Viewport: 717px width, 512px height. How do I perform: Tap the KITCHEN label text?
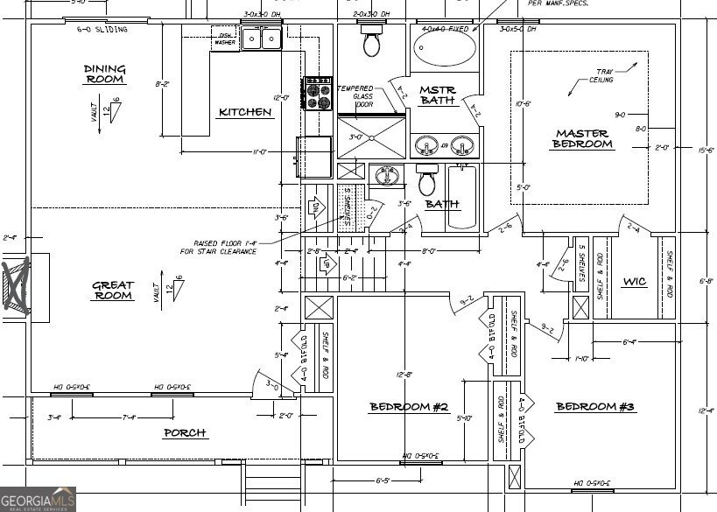tap(245, 112)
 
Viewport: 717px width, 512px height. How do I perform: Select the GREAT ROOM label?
tap(113, 291)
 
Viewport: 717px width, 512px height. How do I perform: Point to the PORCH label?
tap(185, 432)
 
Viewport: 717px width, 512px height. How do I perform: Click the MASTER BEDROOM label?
tap(582, 139)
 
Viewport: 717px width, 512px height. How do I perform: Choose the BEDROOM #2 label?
tap(409, 407)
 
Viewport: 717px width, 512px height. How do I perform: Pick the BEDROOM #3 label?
tap(595, 407)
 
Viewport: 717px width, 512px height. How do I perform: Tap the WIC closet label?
tap(634, 282)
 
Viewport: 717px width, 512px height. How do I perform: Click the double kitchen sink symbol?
tap(261, 39)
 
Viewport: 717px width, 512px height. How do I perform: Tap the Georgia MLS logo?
tap(38, 499)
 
